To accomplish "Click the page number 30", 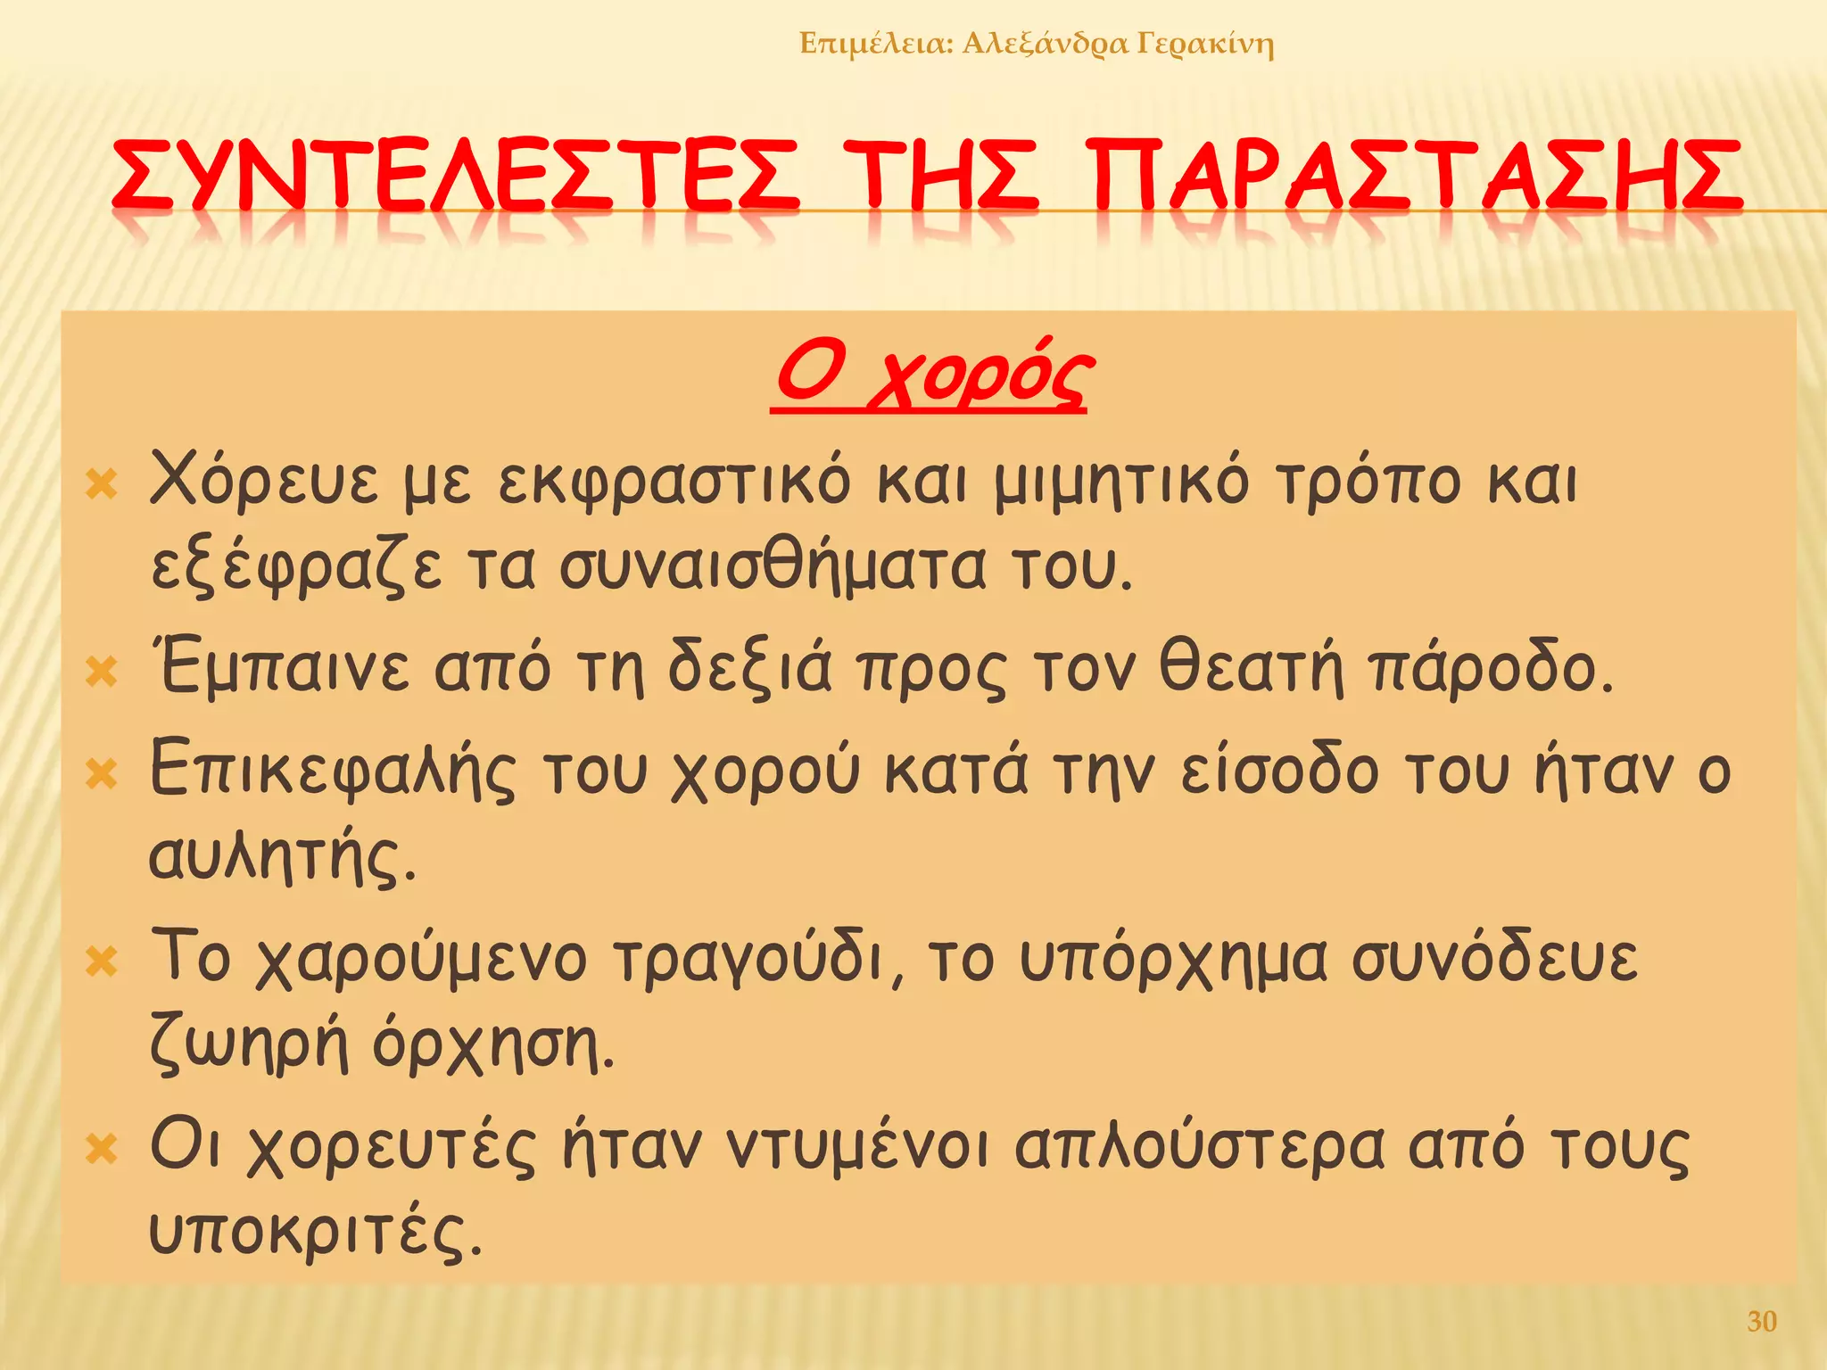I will tap(1762, 1321).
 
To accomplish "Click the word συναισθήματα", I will tap(772, 566).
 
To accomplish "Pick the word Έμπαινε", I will tap(281, 667).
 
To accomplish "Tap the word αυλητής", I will tap(282, 858).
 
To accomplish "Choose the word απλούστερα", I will tap(1199, 1146).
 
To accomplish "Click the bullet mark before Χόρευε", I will tap(102, 486).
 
